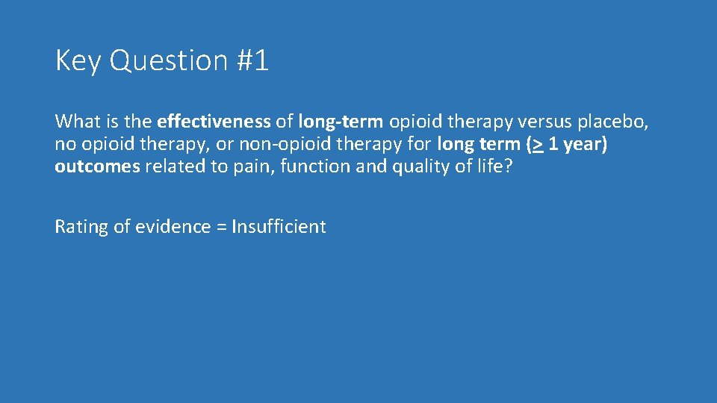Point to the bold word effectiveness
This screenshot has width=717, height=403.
pos(214,121)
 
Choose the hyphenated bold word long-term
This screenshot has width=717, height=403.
pos(341,121)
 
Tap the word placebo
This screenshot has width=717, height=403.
pos(617,121)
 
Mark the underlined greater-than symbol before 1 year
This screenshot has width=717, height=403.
pos(537,144)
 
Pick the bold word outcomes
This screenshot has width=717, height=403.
pos(97,166)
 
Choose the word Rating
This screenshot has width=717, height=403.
pos(81,227)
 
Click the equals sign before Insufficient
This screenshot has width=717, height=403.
pos(221,227)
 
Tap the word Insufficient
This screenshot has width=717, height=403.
pos(279,227)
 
